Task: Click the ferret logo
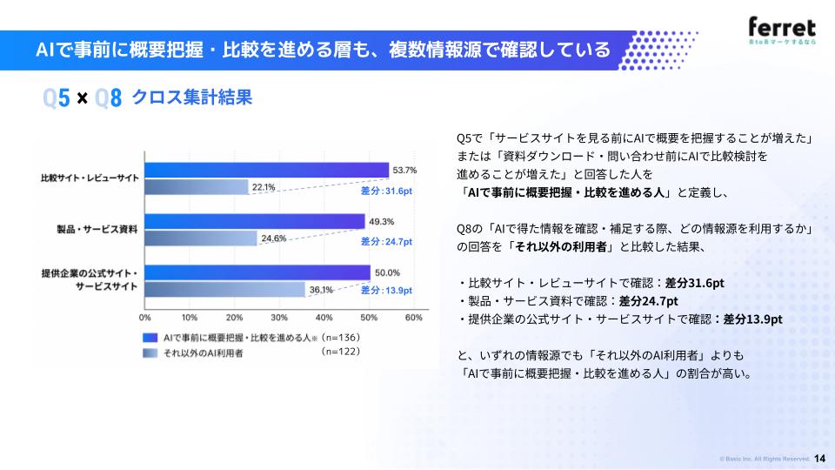(782, 30)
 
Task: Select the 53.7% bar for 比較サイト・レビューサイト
(267, 170)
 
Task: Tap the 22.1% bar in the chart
(197, 186)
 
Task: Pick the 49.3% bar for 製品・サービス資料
(255, 221)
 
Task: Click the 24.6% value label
(274, 238)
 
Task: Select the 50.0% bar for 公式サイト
(257, 272)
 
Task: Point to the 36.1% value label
(321, 289)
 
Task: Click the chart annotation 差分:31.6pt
(386, 191)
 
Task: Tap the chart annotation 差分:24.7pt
(386, 241)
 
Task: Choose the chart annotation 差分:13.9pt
(386, 290)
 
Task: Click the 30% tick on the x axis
(279, 318)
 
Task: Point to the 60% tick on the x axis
(414, 318)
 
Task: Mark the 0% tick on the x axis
(145, 318)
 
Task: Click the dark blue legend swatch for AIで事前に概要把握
(150, 338)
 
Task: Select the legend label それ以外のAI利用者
(203, 352)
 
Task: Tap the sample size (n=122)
(341, 352)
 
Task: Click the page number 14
(819, 459)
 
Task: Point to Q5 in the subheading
(57, 98)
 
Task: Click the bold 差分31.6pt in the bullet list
(694, 283)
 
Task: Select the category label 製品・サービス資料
(97, 230)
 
